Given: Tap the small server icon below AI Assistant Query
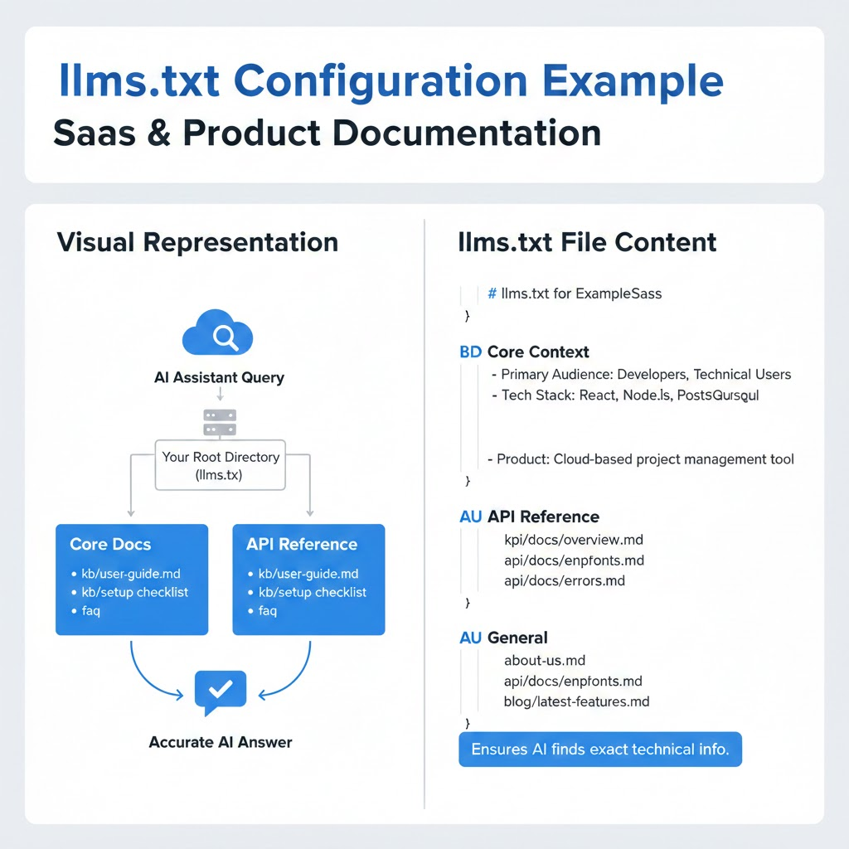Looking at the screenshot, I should click(x=220, y=421).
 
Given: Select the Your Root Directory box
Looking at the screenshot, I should click(x=220, y=466).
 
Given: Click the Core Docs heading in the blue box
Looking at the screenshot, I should click(x=110, y=545).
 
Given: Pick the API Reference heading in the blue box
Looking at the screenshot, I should click(x=302, y=545).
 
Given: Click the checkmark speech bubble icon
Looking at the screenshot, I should click(x=220, y=691).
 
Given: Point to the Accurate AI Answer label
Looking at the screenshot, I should click(x=221, y=742).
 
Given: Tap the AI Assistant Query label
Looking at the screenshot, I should click(x=219, y=378).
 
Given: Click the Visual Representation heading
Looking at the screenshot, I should click(x=197, y=242).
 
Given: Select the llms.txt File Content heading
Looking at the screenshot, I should click(x=587, y=242).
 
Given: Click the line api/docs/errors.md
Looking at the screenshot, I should click(x=565, y=580).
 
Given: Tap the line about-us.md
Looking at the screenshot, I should click(x=545, y=661).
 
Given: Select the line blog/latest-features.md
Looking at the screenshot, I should click(x=576, y=701).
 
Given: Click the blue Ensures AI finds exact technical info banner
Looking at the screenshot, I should click(x=600, y=750).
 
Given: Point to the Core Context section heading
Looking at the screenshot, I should click(x=538, y=352).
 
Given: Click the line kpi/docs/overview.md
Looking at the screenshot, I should click(x=574, y=540).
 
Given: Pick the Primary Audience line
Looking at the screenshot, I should click(x=646, y=375).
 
